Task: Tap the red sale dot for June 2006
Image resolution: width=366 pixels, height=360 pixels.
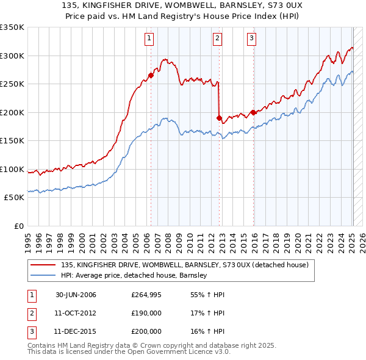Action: (151, 76)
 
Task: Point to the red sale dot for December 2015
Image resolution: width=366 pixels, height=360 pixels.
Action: (253, 112)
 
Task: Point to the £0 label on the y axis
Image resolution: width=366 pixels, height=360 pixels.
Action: (18, 226)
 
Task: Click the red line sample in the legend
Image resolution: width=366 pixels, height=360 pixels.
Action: (43, 265)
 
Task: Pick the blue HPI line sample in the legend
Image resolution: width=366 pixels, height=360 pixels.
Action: (43, 275)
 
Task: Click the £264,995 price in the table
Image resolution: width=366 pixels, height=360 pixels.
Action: (146, 295)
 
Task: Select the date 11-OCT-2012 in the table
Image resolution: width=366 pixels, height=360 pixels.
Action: (76, 313)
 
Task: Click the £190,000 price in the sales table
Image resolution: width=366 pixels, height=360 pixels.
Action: (146, 313)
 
